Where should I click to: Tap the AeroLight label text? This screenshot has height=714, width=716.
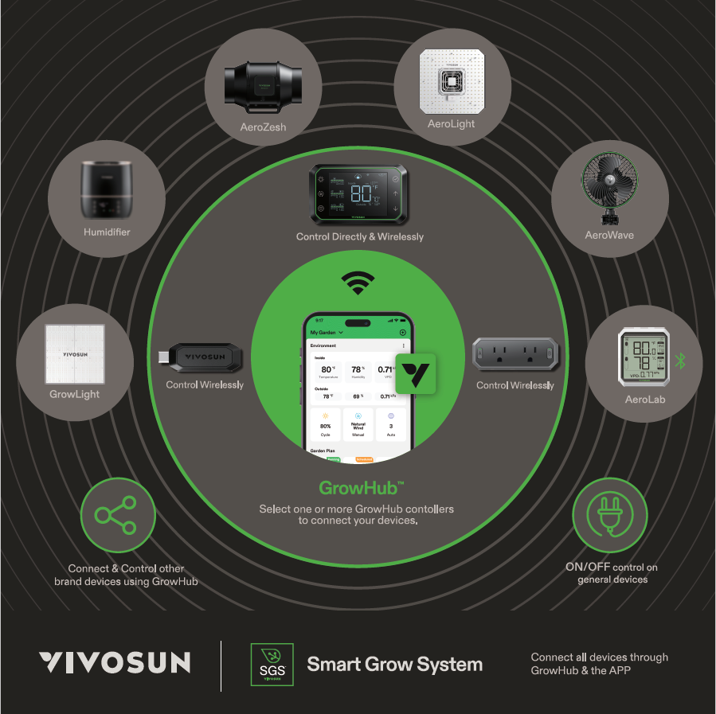[451, 124]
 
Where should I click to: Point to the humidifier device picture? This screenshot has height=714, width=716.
[106, 191]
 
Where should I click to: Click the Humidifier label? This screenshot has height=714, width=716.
[107, 232]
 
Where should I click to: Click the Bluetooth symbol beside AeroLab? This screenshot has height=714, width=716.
[680, 361]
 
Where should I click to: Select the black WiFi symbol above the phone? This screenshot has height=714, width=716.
[358, 282]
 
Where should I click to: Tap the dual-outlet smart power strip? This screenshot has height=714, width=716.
[515, 353]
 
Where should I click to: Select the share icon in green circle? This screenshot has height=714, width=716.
[117, 515]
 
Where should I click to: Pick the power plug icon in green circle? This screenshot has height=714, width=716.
[610, 515]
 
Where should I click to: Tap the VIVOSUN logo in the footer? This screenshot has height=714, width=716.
[115, 663]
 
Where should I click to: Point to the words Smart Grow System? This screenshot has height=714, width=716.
[394, 664]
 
